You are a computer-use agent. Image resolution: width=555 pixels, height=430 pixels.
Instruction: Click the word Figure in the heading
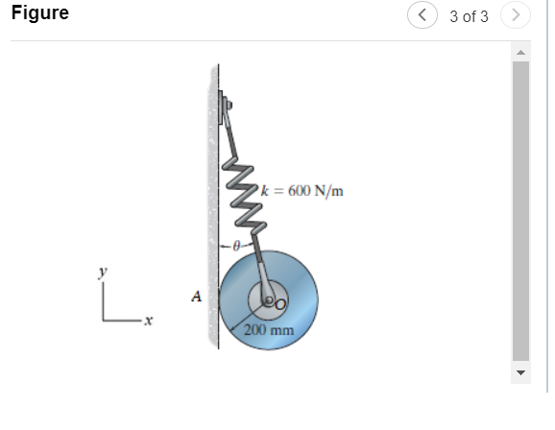click(39, 15)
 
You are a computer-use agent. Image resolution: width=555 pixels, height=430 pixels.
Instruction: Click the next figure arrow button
click(517, 16)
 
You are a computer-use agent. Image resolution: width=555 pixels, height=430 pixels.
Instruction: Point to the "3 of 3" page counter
click(468, 16)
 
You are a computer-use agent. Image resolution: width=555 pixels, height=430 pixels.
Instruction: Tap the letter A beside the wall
click(197, 299)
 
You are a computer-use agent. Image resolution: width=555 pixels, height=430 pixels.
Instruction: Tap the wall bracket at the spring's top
click(225, 104)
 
